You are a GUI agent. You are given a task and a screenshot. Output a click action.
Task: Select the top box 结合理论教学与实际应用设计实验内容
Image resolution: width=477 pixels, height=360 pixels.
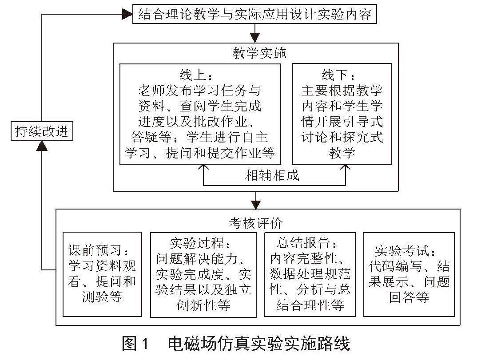[255, 15]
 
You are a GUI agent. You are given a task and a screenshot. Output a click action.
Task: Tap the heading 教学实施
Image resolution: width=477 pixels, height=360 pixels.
[255, 54]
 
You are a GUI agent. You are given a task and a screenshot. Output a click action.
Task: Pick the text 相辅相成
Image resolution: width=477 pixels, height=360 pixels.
[273, 175]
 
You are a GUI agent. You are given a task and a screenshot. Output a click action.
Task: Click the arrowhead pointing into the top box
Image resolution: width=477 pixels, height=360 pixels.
[128, 15]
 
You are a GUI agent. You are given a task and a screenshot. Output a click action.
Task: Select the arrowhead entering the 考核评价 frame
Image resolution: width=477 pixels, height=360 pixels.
[255, 205]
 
